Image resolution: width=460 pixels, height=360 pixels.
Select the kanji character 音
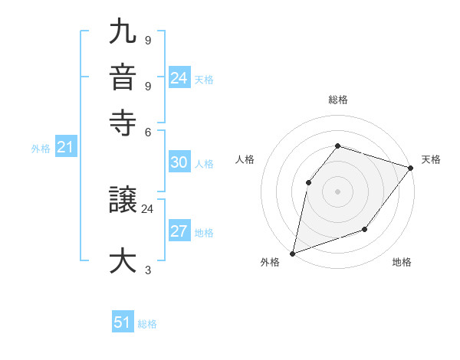point(123,77)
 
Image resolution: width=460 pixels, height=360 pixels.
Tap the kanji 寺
point(123,121)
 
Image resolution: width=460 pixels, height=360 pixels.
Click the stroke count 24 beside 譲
point(147,208)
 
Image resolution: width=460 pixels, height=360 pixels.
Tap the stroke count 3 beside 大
point(147,269)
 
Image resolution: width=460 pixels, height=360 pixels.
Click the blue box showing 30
point(179,162)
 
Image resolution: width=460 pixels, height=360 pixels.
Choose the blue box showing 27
point(179,232)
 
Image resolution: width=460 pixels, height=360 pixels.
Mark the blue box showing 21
point(64,148)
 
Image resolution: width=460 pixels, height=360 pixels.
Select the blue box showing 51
point(122,322)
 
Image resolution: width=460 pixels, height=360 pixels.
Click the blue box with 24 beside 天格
point(179,78)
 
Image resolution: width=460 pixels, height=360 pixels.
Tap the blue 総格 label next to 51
point(147,324)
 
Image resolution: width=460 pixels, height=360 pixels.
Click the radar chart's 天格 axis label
point(431,159)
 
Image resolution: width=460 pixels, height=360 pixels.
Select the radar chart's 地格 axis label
point(402,262)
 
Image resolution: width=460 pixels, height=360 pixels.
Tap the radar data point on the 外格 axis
point(292,253)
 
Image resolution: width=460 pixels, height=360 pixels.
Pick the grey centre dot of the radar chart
point(337,191)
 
